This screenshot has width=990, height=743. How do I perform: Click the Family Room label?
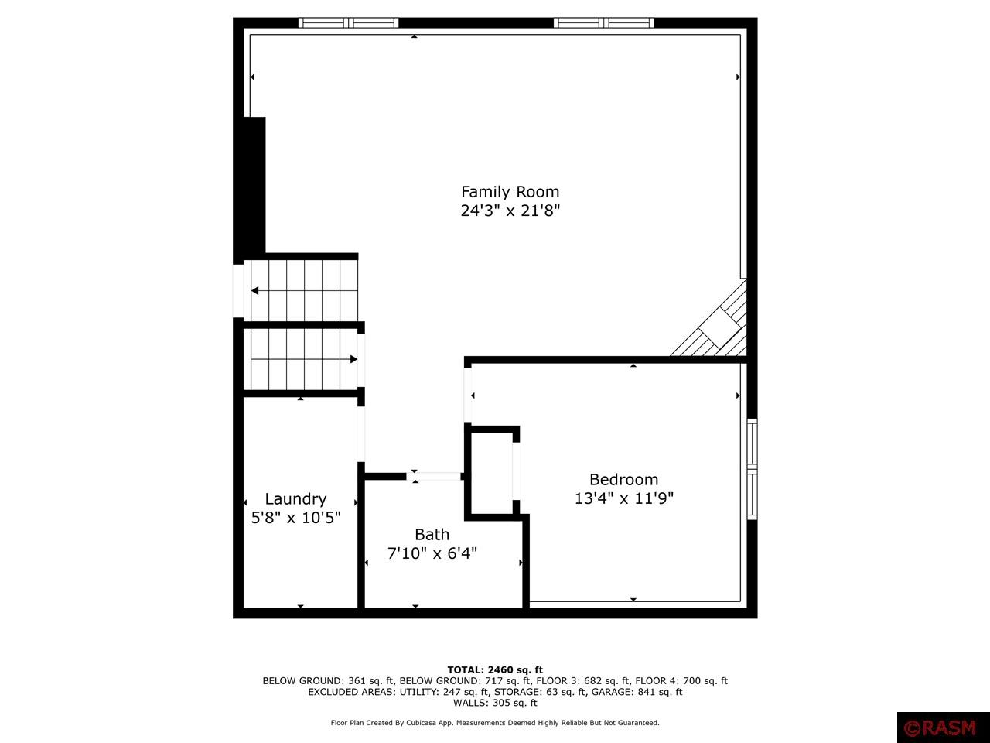(x=510, y=192)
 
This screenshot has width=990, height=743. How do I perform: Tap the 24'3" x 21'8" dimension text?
(x=510, y=211)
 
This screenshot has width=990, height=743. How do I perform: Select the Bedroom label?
(x=623, y=480)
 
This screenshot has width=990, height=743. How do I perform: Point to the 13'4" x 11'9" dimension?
(x=623, y=498)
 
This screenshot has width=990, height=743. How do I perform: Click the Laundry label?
(x=295, y=499)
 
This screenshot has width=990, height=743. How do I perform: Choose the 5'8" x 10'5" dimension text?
(x=295, y=518)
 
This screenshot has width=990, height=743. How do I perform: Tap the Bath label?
(x=432, y=535)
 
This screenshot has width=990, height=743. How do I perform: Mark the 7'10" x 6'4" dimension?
(x=432, y=553)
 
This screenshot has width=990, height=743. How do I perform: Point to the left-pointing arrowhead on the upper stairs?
(x=254, y=291)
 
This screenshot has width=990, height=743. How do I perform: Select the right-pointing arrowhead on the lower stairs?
(x=354, y=359)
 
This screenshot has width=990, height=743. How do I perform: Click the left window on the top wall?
(x=348, y=22)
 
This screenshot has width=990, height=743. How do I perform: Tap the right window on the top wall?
(x=603, y=22)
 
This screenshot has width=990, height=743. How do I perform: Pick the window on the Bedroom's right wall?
(x=752, y=469)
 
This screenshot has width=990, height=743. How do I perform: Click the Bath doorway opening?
(x=434, y=477)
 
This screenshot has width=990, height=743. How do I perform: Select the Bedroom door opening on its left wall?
(x=468, y=395)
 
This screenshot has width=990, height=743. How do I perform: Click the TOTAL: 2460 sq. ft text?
(x=495, y=670)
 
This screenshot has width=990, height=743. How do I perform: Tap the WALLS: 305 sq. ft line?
(x=495, y=703)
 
